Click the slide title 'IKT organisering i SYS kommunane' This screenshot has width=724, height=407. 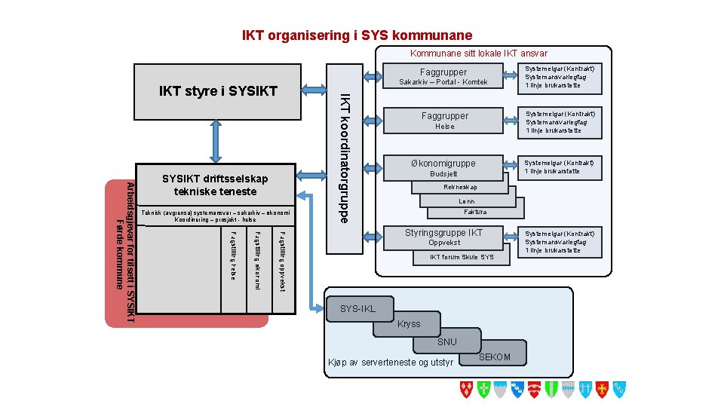pos(357,35)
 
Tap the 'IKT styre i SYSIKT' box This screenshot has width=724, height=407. pos(219,92)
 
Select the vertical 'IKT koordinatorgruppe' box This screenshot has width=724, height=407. pos(344,158)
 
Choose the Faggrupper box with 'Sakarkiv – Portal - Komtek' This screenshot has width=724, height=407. pos(443,76)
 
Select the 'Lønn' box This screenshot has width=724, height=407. pos(468,201)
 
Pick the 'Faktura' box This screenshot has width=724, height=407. pos(475,213)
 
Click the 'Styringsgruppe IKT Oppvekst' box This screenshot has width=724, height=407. pos(443,237)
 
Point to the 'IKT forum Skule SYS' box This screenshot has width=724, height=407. pos(462,257)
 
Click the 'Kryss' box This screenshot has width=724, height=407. pos(408,325)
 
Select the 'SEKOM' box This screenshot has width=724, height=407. pos(495,357)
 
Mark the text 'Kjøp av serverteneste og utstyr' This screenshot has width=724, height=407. pos(390,363)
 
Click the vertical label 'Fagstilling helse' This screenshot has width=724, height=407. pos(234,256)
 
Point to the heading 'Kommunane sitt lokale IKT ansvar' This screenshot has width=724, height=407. pos(478,54)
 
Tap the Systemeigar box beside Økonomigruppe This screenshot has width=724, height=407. pos(560,167)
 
